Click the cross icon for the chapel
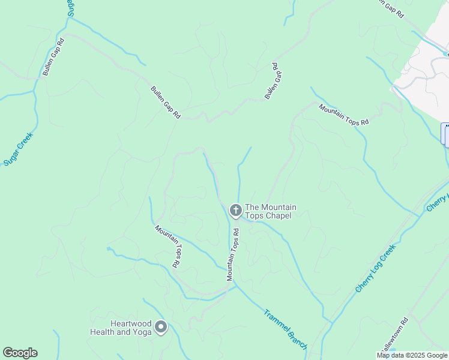tap(235, 211)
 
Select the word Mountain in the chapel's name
tap(279, 208)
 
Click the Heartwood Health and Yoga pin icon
tap(161, 327)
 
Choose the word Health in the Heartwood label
tap(102, 332)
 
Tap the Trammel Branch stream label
tap(286, 329)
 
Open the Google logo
tap(20, 353)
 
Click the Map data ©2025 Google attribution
tap(412, 355)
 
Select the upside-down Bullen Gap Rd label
tap(274, 80)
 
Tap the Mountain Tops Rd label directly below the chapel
tap(233, 254)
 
